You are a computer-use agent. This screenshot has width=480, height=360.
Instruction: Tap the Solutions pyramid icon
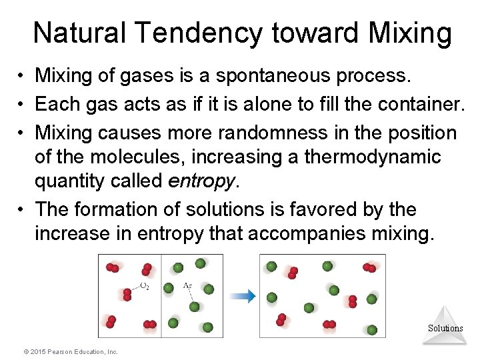click(445, 325)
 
